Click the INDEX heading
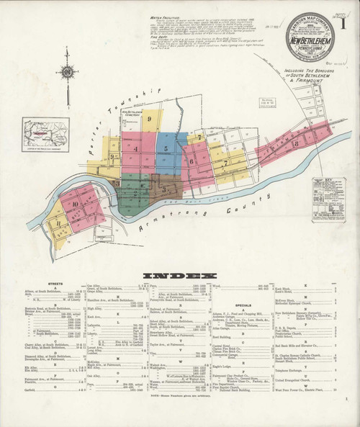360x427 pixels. [x=179, y=276]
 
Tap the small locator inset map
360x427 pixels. [x=45, y=134]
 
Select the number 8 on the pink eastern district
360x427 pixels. [x=296, y=144]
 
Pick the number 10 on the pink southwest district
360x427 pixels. [x=75, y=204]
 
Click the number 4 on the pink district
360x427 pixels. [x=135, y=149]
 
